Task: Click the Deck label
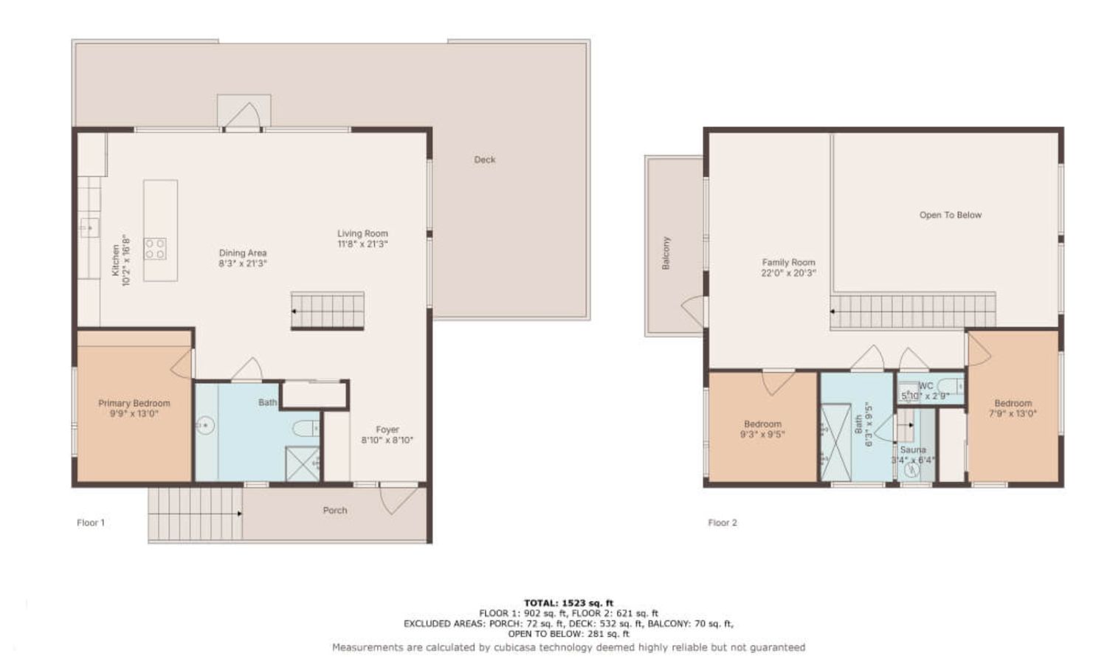(484, 159)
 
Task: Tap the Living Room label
(362, 233)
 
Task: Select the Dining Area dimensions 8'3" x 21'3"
(243, 263)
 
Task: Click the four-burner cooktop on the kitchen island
(155, 249)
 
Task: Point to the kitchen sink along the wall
(89, 228)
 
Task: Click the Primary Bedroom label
(134, 403)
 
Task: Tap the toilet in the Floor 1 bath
(306, 428)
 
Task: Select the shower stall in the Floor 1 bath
(303, 464)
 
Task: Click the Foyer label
(387, 430)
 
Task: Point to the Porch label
(335, 510)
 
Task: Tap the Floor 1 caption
(91, 523)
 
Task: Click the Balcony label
(666, 253)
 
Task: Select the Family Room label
(788, 263)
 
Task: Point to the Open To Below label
(951, 215)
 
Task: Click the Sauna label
(913, 450)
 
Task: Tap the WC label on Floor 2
(925, 386)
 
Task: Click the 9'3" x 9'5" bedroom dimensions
(762, 435)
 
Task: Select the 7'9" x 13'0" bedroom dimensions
(1013, 414)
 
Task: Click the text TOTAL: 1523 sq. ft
(568, 603)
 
